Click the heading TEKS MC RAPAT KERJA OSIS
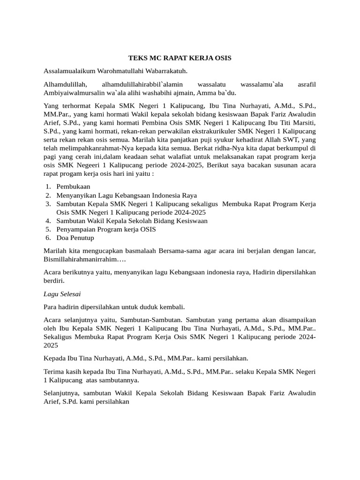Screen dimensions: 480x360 [180, 58]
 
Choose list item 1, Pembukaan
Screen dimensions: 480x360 [73, 187]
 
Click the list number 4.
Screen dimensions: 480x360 [48, 221]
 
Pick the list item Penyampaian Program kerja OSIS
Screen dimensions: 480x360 [106, 229]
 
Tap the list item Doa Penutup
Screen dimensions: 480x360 [75, 238]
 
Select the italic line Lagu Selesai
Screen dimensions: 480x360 [62, 294]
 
